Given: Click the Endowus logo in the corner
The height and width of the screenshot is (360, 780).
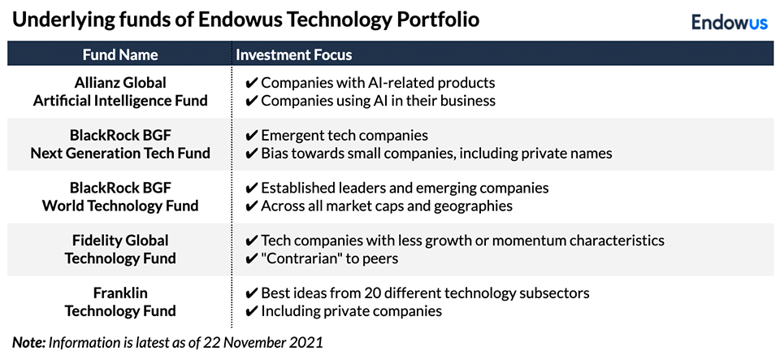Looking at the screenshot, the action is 730,23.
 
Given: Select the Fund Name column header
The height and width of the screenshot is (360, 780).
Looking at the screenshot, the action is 120,54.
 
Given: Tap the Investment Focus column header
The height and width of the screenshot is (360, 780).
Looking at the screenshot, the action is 294,54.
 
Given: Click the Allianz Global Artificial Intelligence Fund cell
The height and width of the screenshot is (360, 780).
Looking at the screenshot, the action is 120,92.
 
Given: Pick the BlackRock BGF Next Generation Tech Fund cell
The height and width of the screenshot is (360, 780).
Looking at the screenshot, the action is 120,144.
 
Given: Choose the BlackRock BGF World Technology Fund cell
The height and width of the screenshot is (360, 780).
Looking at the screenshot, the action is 120,197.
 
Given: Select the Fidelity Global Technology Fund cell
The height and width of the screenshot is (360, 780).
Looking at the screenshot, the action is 120,249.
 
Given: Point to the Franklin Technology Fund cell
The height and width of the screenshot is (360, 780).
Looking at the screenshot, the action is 120,302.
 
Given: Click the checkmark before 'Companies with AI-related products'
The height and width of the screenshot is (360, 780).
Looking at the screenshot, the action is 252,83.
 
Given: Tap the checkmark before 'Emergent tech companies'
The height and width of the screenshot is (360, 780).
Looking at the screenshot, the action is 252,135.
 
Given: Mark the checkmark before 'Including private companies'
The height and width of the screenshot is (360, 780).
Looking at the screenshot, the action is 252,312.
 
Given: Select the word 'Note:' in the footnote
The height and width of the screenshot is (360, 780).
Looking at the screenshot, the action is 29,343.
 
